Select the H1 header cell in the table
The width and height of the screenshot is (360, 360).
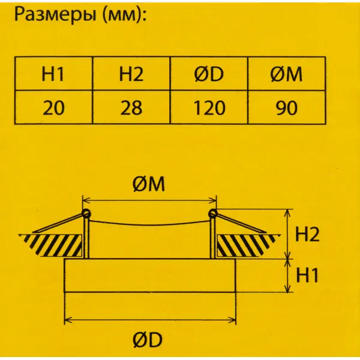pos(54,73)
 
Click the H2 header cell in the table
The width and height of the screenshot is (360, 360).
pos(131,73)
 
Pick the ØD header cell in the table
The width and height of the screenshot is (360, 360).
pos(209,73)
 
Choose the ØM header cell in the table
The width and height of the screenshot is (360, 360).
pos(287,73)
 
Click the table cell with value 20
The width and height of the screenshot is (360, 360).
pos(54,107)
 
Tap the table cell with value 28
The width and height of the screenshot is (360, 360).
pos(131,107)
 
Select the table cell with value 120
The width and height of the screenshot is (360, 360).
pos(209,107)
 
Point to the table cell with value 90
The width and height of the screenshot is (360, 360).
pos(287,107)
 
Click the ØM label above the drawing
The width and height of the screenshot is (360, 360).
pos(149,184)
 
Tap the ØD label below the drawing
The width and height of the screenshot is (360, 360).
pos(148,340)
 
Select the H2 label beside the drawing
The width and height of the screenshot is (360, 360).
pos(307,235)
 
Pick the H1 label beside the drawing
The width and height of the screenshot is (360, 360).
pos(307,275)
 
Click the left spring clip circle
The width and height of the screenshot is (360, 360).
pos(86,214)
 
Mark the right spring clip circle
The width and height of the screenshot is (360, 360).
pos(212,214)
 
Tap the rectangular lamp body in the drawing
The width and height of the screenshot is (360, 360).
pos(150,275)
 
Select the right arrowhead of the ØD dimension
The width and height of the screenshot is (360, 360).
pos(232,320)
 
